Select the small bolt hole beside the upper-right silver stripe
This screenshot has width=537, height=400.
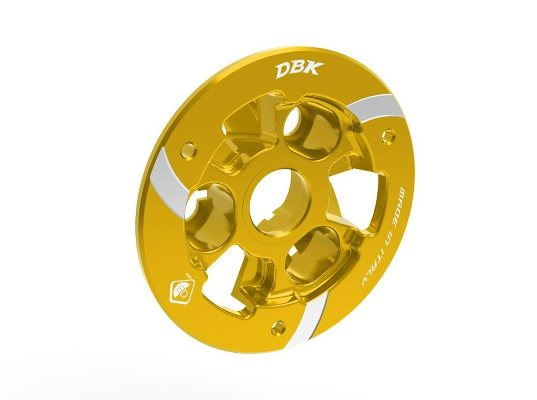point(386,136)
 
